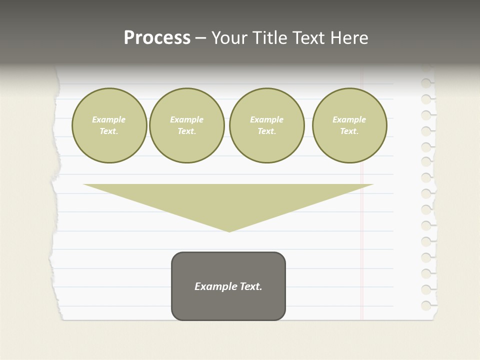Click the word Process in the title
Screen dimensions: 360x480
pos(157,38)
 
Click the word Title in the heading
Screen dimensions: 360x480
pos(268,38)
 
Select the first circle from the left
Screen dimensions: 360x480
pos(109,125)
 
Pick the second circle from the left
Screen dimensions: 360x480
pos(186,125)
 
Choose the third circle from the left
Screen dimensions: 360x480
pos(266,125)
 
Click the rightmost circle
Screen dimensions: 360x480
pos(349,125)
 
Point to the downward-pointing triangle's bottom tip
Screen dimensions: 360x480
pos(229,231)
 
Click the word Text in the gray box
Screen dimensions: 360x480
pos(250,286)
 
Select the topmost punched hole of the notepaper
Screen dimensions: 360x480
pos(426,83)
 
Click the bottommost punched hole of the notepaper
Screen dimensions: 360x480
pos(426,305)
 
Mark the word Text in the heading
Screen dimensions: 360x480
pos(308,38)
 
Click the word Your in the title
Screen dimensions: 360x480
pos(229,38)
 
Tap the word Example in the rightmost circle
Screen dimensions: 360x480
pos(349,119)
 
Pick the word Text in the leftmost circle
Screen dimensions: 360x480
pos(109,131)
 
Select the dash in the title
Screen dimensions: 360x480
pos(201,38)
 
